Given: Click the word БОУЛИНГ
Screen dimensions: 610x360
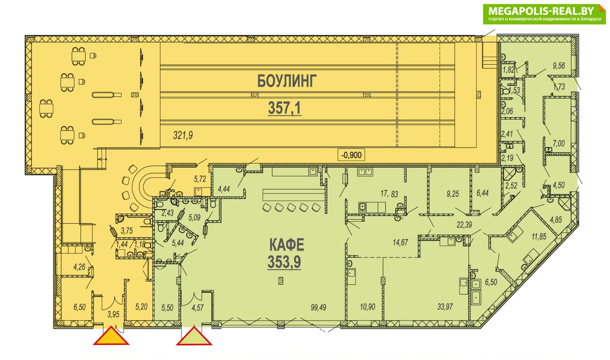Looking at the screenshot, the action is [x=287, y=81].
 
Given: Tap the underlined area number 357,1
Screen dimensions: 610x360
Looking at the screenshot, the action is [x=285, y=108].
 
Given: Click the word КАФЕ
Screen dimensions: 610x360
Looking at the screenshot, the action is [x=287, y=244].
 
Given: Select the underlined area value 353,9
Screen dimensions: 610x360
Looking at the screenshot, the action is [x=284, y=262].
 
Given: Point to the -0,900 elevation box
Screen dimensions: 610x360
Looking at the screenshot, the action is [x=351, y=155].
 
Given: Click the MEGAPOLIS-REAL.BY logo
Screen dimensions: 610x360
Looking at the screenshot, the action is [x=545, y=14].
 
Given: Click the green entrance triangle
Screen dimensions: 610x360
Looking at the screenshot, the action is [x=194, y=336].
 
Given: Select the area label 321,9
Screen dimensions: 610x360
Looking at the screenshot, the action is [x=183, y=135].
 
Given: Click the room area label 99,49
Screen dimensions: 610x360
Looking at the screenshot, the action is [x=318, y=308].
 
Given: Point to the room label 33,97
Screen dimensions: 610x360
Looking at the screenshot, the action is [x=445, y=307].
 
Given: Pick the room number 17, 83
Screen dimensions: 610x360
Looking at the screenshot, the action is [x=389, y=194].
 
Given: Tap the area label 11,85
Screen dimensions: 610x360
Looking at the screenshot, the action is [x=539, y=236].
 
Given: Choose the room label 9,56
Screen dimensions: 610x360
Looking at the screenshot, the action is [x=559, y=65].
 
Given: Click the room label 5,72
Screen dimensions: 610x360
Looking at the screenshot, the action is [x=200, y=179].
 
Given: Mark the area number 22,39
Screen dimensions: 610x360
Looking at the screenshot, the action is [x=464, y=225].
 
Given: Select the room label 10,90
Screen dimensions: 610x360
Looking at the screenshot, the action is [x=367, y=307].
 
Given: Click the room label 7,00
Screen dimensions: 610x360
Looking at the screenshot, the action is [x=558, y=143].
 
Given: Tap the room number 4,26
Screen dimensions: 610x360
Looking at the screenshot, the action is [x=79, y=267].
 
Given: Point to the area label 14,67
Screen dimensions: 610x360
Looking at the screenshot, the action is [x=400, y=242].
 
